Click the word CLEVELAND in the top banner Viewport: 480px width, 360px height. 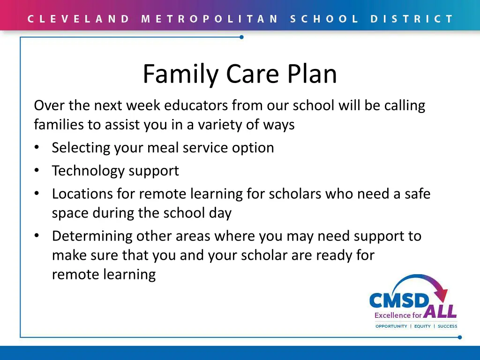[78, 19]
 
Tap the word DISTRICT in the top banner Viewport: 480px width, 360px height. [412, 19]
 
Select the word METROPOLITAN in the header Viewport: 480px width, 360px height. [210, 19]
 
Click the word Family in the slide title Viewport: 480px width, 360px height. [181, 74]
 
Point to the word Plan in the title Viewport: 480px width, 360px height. [312, 74]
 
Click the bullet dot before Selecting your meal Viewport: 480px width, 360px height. [37, 148]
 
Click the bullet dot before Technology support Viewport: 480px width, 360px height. [37, 171]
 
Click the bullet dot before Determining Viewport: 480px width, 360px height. [37, 236]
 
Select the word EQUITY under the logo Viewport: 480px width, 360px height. [422, 326]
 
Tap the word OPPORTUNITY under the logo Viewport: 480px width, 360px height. [391, 326]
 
